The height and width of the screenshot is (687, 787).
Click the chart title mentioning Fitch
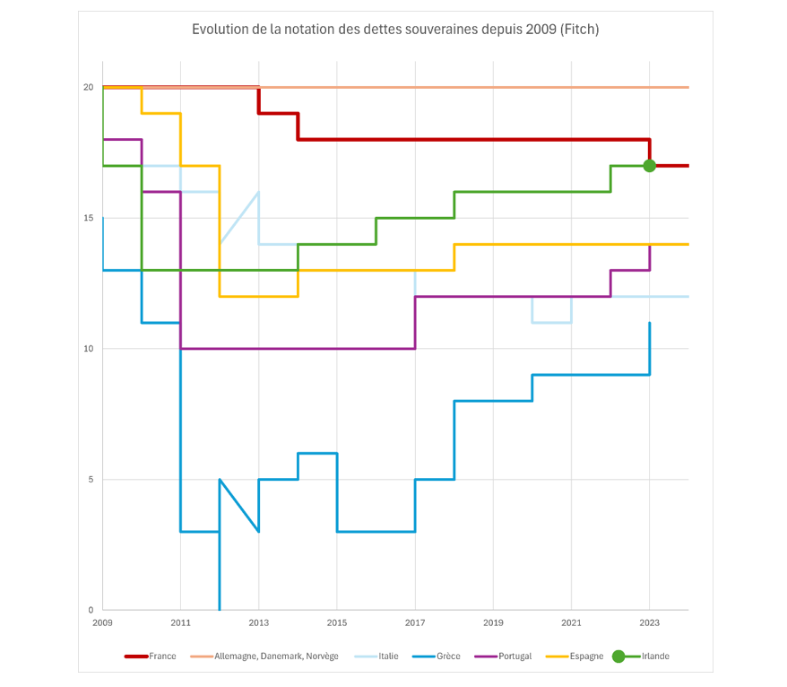click(x=395, y=30)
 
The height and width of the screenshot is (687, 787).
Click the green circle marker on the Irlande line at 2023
click(x=649, y=166)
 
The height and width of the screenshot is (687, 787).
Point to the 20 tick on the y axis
click(x=88, y=87)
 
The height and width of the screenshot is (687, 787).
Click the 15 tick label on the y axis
click(x=88, y=218)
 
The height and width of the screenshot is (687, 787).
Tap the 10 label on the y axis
click(x=88, y=349)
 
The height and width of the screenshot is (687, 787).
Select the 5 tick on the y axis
click(x=91, y=479)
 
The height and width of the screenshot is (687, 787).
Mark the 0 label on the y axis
click(x=91, y=610)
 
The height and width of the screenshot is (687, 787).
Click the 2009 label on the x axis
click(x=102, y=622)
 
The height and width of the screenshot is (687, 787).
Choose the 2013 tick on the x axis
click(x=259, y=622)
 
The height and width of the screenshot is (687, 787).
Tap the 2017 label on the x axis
click(x=415, y=622)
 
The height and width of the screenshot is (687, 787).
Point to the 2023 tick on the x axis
click(x=649, y=622)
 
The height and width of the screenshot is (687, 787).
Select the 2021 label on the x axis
click(x=571, y=622)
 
